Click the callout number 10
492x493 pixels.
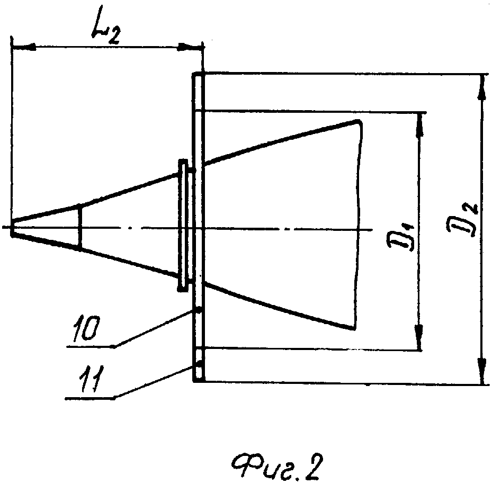[85, 328]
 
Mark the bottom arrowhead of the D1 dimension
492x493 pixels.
[418, 337]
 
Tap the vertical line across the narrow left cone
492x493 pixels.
[80, 227]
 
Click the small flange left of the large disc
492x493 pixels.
[183, 226]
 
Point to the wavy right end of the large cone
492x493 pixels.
[358, 225]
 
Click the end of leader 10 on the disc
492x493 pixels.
[198, 310]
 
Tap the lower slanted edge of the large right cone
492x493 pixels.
[279, 306]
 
